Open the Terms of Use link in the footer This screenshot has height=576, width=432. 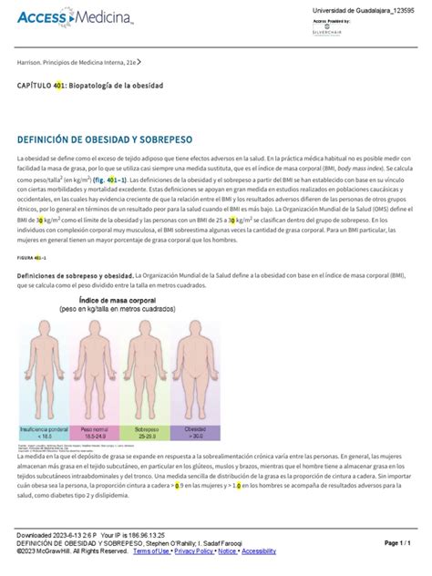pyautogui.click(x=151, y=550)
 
